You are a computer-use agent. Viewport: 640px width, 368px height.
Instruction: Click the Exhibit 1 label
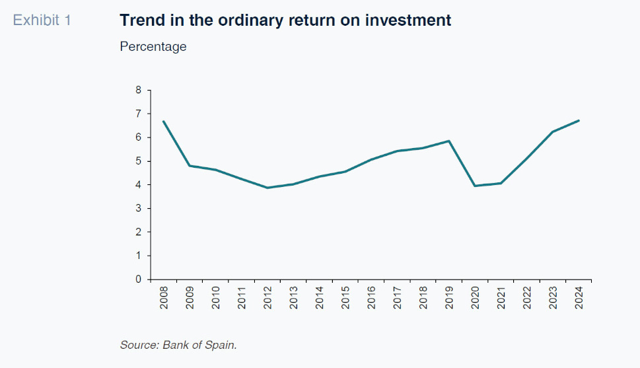pos(42,20)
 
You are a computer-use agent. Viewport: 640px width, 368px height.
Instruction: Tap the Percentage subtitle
pos(153,47)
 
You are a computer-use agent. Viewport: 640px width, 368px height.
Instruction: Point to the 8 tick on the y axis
pos(139,91)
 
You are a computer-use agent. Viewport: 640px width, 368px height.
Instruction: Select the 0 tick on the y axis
pos(139,279)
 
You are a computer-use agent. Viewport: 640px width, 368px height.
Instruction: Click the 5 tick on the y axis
pos(139,161)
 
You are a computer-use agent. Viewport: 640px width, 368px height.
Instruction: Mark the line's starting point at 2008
pos(164,122)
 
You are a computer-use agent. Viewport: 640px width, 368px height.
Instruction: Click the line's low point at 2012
pos(267,188)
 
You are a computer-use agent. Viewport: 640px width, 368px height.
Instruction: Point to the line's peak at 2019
pos(449,141)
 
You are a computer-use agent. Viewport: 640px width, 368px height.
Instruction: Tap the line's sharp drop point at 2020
pos(475,186)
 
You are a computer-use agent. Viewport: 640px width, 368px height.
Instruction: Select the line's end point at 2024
pos(579,120)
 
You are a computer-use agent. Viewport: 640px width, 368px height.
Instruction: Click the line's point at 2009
pos(190,165)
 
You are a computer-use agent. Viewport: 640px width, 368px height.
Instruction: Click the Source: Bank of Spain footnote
pos(178,345)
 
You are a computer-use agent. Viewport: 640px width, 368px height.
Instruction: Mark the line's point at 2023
pos(553,132)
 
